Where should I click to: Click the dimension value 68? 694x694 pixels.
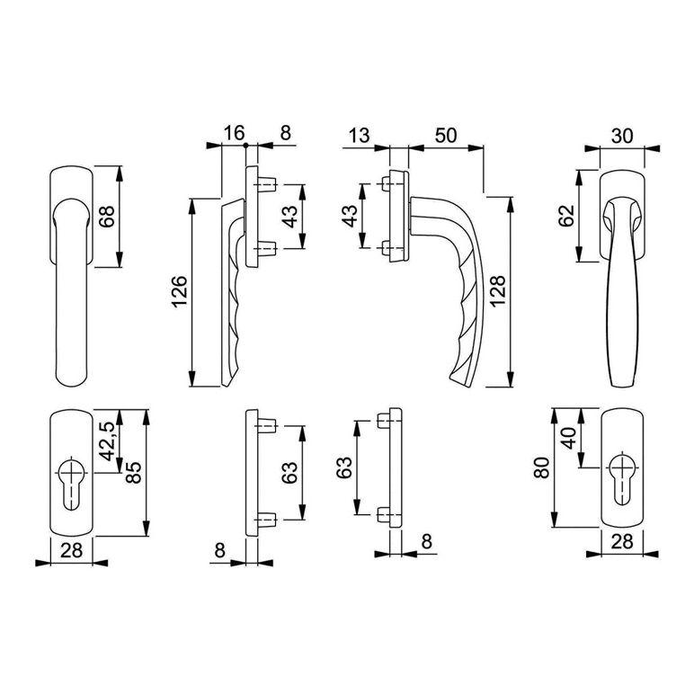[x=107, y=217]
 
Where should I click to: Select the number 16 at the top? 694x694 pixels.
[x=234, y=132]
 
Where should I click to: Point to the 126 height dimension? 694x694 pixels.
[x=180, y=292]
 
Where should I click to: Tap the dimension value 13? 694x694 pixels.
[x=359, y=135]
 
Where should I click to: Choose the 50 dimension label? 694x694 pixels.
[x=446, y=135]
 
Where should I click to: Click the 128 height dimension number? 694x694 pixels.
[x=497, y=290]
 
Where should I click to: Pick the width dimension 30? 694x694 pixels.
[x=622, y=136]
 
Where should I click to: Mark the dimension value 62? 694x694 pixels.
[x=566, y=216]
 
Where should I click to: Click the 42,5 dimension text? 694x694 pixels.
[x=107, y=441]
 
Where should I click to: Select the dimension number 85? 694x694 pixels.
[x=133, y=472]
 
